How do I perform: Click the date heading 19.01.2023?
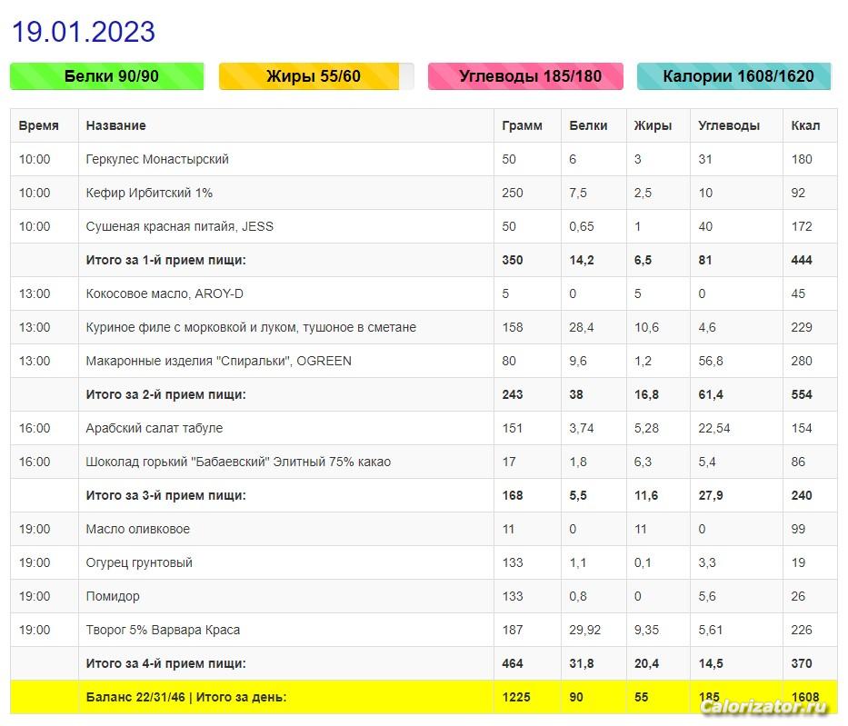(x=84, y=32)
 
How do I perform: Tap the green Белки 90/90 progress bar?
(x=107, y=76)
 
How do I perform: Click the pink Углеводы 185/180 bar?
(x=525, y=76)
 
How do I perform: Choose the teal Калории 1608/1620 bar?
(x=734, y=76)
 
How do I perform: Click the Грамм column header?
(x=522, y=125)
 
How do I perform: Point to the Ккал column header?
(x=805, y=125)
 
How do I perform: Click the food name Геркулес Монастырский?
(x=157, y=159)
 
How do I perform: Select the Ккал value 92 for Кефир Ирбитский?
(x=799, y=193)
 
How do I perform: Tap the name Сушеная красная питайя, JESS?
(x=179, y=226)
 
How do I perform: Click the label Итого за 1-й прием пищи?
(x=165, y=260)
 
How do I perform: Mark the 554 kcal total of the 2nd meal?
(x=802, y=394)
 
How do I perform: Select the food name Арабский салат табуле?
(x=154, y=428)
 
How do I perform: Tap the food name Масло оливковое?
(x=137, y=529)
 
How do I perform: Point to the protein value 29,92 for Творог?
(x=586, y=630)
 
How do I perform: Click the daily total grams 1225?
(x=516, y=697)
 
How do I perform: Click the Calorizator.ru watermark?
(x=764, y=707)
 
